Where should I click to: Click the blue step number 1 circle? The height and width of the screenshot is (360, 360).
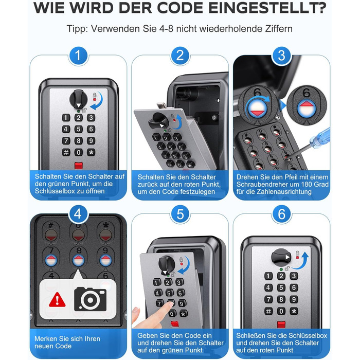tap(78, 56)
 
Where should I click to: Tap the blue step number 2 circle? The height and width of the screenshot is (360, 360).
tap(180, 56)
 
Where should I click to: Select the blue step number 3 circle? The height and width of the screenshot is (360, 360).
tap(281, 56)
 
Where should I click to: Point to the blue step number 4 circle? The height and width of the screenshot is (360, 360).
tap(78, 214)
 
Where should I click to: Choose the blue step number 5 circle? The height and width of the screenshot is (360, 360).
tap(180, 214)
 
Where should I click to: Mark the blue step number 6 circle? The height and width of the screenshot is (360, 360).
tap(281, 214)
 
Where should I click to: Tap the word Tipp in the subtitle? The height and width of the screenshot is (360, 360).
tap(77, 29)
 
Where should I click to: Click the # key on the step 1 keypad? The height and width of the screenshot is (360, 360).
tap(66, 152)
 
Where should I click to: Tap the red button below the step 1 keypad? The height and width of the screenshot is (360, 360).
tap(79, 165)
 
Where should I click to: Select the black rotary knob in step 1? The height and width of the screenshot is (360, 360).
tap(79, 99)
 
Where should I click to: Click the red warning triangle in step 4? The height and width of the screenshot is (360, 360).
tap(57, 300)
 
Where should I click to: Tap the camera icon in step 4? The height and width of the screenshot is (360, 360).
tap(90, 299)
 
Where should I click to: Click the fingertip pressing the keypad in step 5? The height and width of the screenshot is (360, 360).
tap(170, 304)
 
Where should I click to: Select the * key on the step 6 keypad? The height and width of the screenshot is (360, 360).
tap(294, 311)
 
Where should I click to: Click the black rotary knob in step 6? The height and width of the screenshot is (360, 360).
tap(281, 257)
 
